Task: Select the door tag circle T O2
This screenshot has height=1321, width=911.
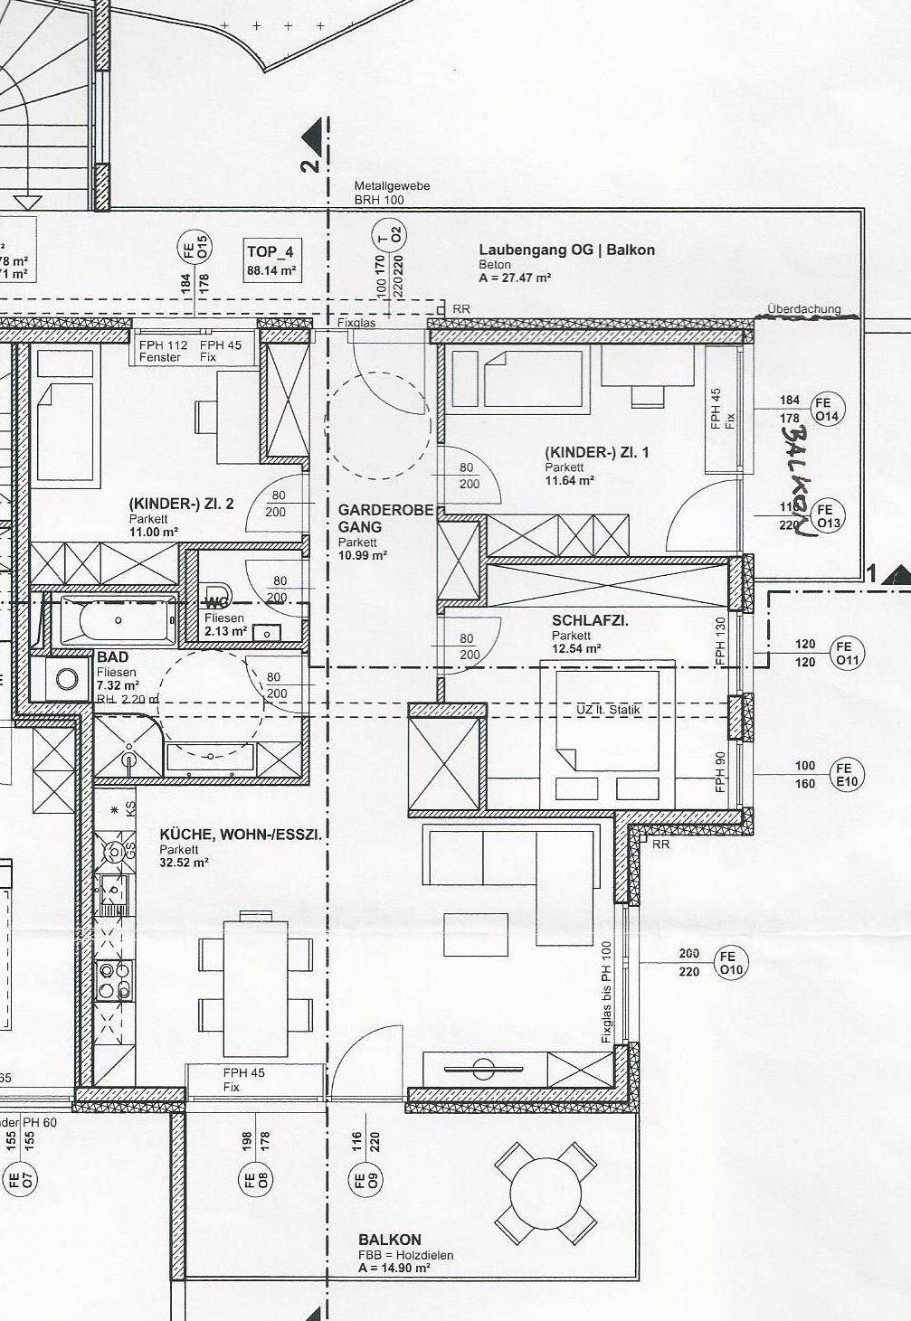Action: [x=390, y=236]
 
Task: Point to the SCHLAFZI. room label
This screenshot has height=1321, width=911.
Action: [x=590, y=621]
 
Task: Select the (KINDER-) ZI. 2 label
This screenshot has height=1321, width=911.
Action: [x=181, y=505]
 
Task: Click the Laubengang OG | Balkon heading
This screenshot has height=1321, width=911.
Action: [x=566, y=250]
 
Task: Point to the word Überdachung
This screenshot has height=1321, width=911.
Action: [x=803, y=309]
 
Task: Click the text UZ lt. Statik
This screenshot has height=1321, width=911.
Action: [x=607, y=710]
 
